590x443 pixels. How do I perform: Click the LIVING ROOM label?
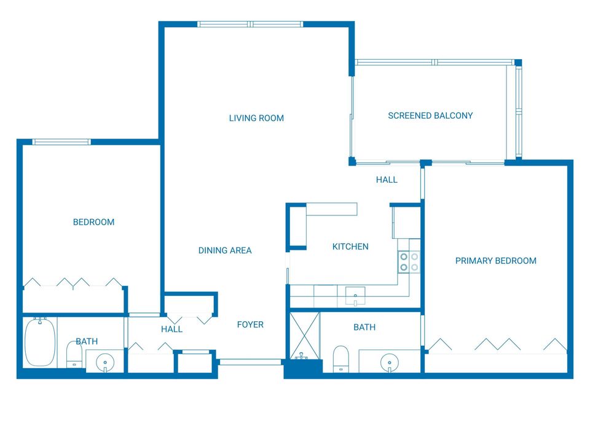[256, 118]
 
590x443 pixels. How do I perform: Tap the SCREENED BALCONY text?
[430, 116]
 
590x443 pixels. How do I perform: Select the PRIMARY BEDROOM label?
[495, 261]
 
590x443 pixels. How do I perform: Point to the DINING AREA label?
[224, 250]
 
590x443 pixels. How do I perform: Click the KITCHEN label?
[350, 247]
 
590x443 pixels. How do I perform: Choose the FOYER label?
[250, 325]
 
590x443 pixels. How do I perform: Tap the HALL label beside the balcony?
[387, 180]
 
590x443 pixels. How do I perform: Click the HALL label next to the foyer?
[171, 329]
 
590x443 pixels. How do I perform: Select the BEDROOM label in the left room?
[93, 222]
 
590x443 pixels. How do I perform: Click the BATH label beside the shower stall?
[364, 327]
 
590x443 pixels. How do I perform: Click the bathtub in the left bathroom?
[40, 342]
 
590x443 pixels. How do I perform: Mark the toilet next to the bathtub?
[74, 354]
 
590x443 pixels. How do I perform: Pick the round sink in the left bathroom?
[105, 361]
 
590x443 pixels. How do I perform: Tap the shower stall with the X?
[304, 335]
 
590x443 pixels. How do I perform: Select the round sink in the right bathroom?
[390, 361]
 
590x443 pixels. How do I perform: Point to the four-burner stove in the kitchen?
[409, 262]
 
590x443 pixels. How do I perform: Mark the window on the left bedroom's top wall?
[61, 142]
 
